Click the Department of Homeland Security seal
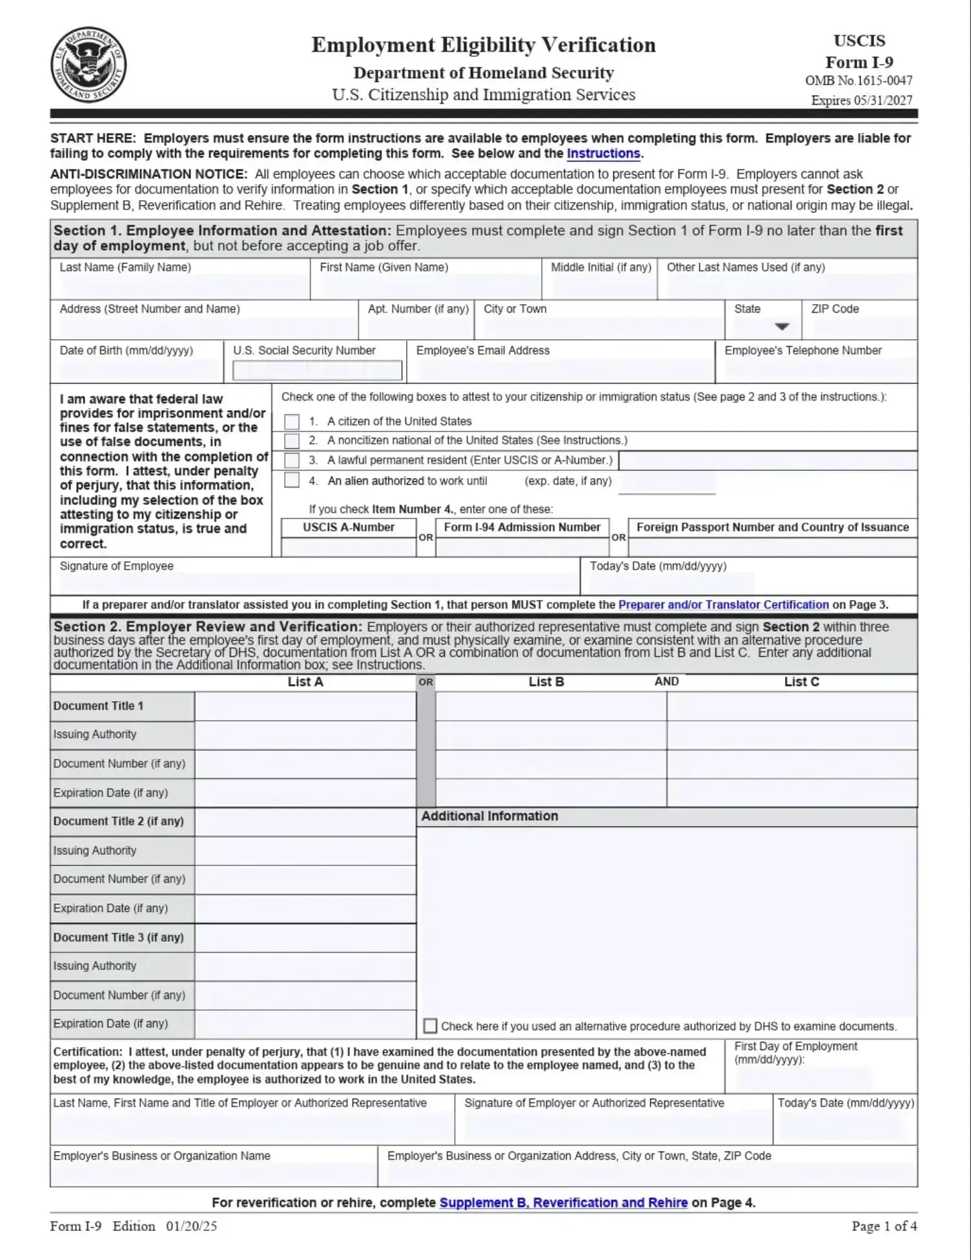pyautogui.click(x=88, y=65)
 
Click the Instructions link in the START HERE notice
pyautogui.click(x=603, y=154)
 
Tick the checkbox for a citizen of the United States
pyautogui.click(x=292, y=422)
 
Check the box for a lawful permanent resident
pyautogui.click(x=292, y=460)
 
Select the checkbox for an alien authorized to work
pyautogui.click(x=292, y=480)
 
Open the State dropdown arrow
pyautogui.click(x=781, y=327)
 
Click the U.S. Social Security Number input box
pyautogui.click(x=317, y=370)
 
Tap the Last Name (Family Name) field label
pyautogui.click(x=125, y=267)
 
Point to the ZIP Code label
pyautogui.click(x=834, y=309)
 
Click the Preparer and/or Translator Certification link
pyautogui.click(x=723, y=605)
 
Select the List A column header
pyautogui.click(x=305, y=682)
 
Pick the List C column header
pyautogui.click(x=801, y=682)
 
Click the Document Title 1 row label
pyautogui.click(x=98, y=707)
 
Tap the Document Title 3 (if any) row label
pyautogui.click(x=118, y=938)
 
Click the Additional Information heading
pyautogui.click(x=489, y=816)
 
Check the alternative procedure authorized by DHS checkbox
pyautogui.click(x=430, y=1026)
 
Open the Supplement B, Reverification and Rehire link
pyautogui.click(x=563, y=1203)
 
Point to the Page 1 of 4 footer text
pyautogui.click(x=884, y=1226)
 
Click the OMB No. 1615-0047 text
pyautogui.click(x=858, y=81)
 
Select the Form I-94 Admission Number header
pyautogui.click(x=522, y=528)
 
